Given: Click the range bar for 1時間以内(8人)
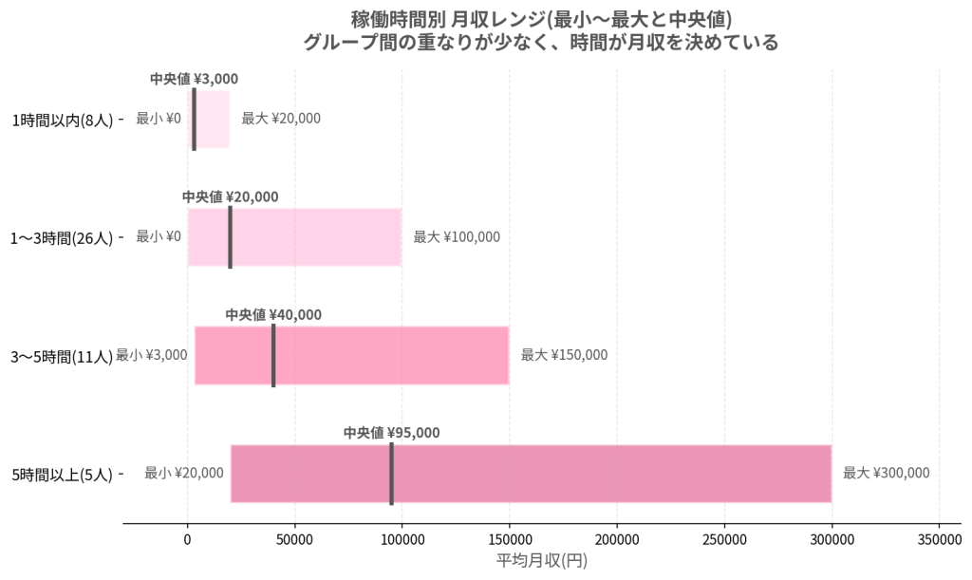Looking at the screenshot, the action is (x=209, y=119).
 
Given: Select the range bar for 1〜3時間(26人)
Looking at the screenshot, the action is (x=295, y=237).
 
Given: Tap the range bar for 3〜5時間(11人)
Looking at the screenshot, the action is (x=352, y=356).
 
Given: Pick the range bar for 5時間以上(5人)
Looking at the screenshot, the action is (x=532, y=474).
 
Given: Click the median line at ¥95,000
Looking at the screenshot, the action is (x=392, y=474).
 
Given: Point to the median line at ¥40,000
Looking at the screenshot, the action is (x=273, y=356).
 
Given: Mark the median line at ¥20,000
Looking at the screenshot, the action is (x=231, y=237).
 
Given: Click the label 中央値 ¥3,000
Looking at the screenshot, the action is (x=194, y=79).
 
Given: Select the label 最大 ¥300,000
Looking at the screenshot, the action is (x=887, y=474).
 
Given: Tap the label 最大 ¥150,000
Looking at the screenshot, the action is (x=564, y=355).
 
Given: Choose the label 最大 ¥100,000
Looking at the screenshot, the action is (x=457, y=236).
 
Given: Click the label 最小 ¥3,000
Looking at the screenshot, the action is (x=152, y=355).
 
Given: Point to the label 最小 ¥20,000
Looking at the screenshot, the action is (x=184, y=474).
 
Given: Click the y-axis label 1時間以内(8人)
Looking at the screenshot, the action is (x=63, y=120).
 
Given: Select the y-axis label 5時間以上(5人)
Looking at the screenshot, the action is (x=63, y=476).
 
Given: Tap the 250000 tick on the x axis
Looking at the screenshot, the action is (x=724, y=540).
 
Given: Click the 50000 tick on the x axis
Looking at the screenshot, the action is (x=294, y=540).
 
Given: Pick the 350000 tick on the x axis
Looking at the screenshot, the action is (x=939, y=540).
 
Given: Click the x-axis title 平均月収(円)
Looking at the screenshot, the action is (x=542, y=561).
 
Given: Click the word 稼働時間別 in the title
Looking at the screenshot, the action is (x=398, y=20).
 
